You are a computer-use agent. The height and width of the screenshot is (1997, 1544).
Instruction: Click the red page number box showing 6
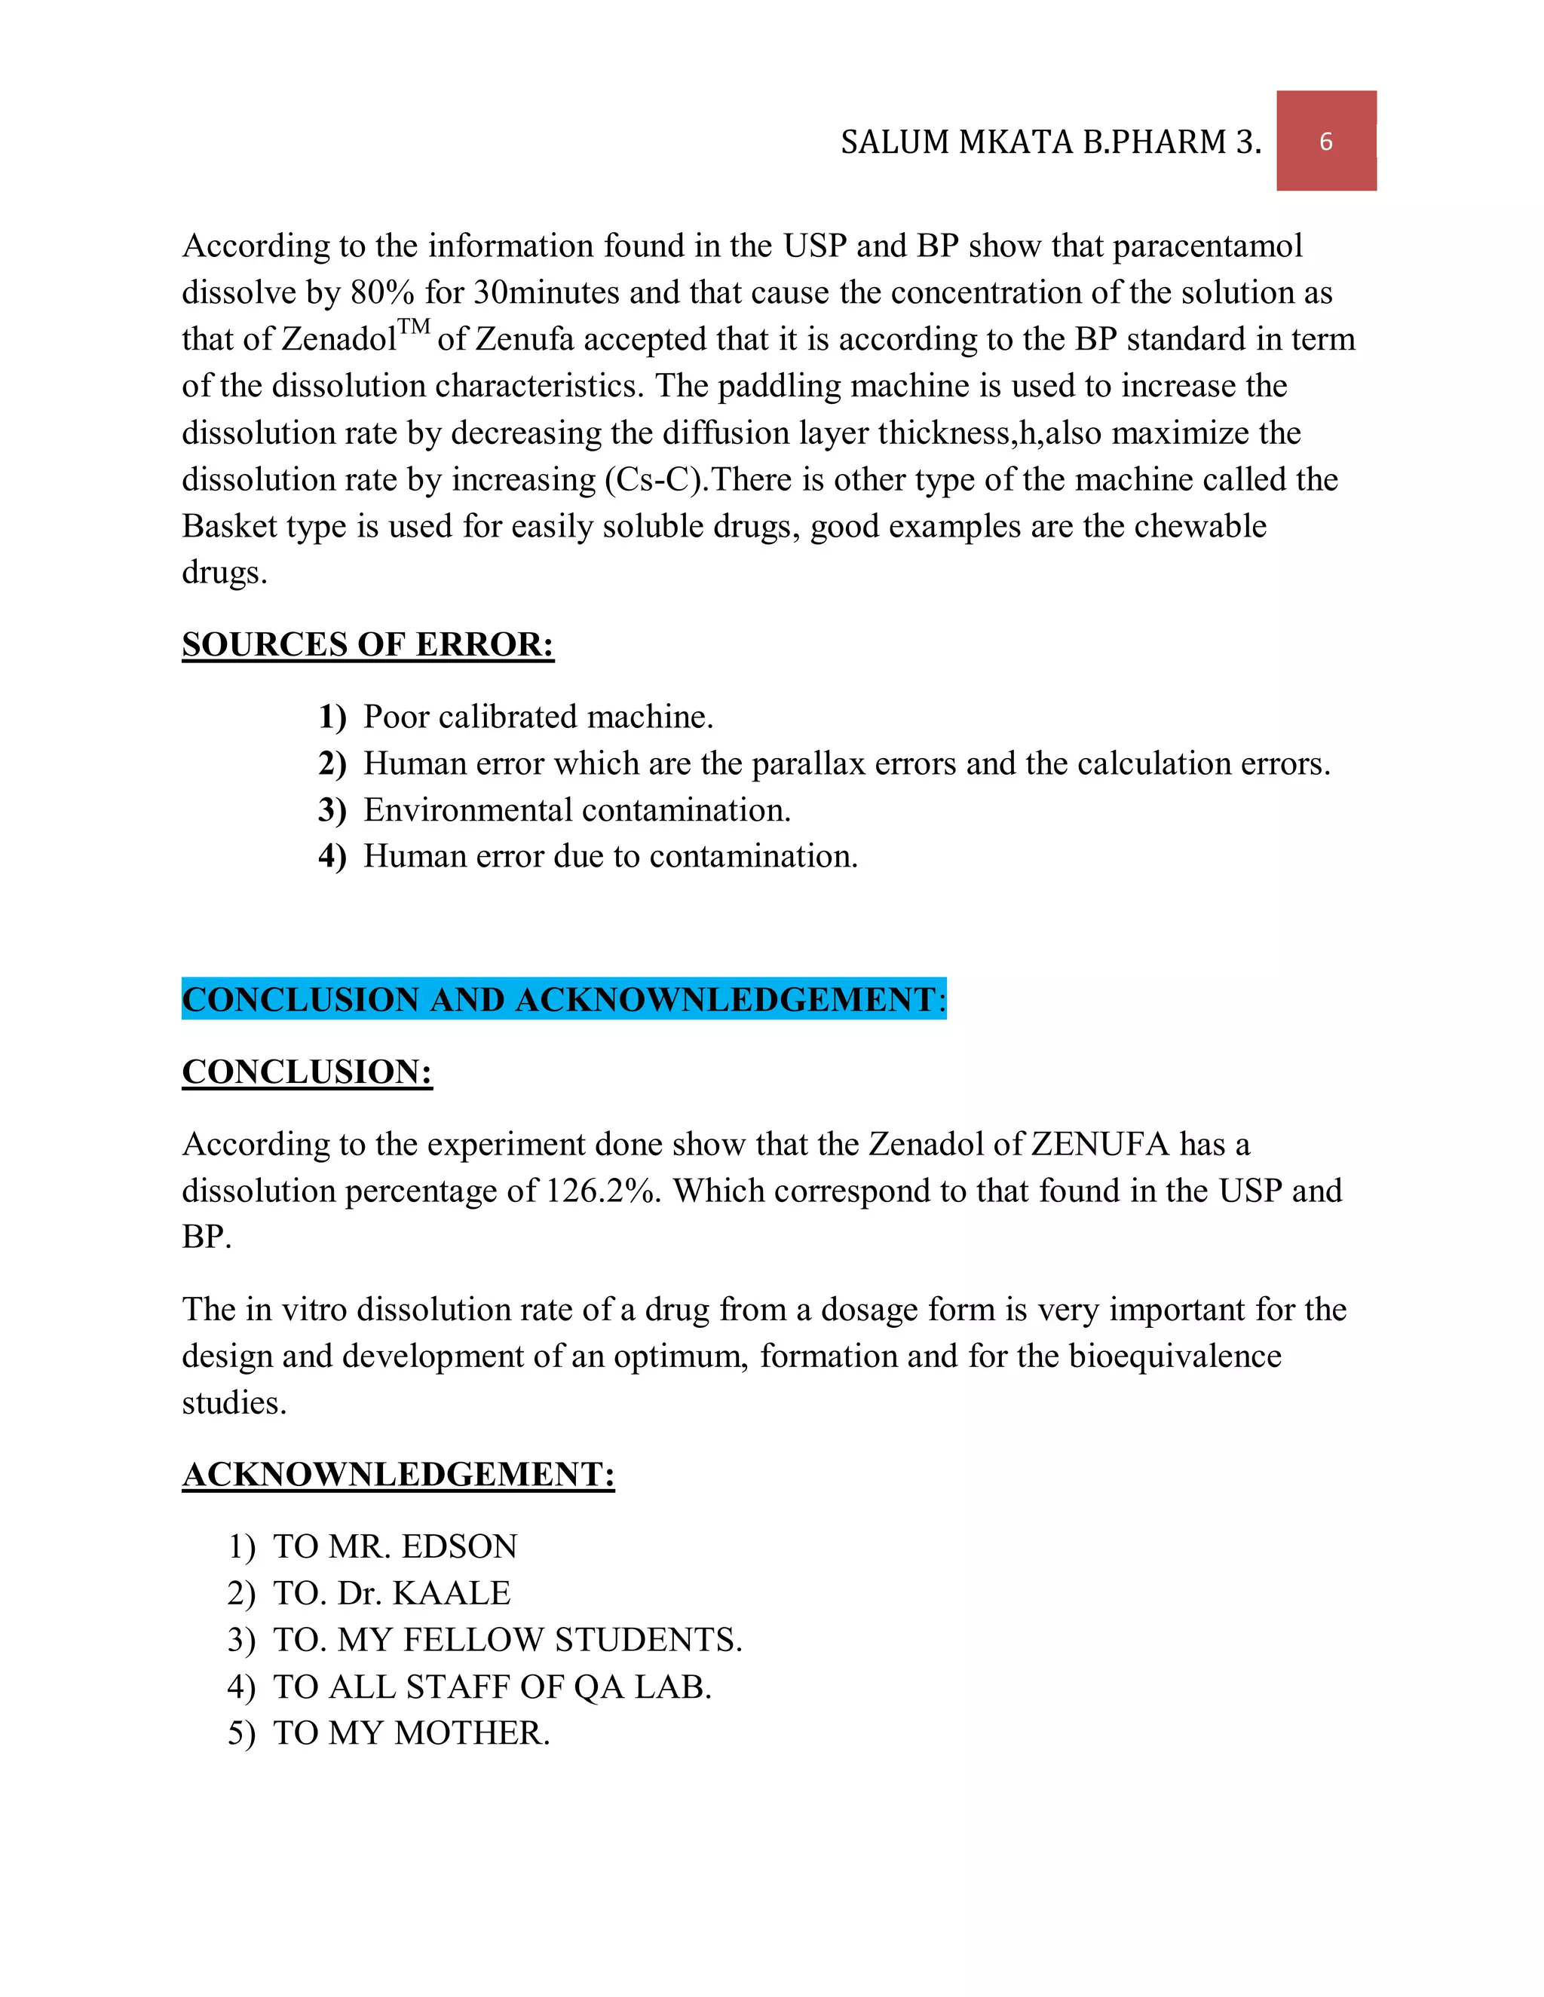click(x=1325, y=141)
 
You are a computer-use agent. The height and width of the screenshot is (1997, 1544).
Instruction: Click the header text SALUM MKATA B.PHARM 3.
click(x=1050, y=142)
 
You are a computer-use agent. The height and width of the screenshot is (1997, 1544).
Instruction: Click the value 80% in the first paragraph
click(x=382, y=292)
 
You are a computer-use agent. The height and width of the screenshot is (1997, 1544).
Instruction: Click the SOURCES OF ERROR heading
click(x=368, y=644)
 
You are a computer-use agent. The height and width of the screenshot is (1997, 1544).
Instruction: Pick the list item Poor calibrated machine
click(x=538, y=717)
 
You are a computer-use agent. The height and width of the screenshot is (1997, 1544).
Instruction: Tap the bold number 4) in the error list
click(x=332, y=857)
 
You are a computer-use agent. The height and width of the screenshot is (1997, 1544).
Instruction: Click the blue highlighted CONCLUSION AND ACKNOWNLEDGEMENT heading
click(x=563, y=999)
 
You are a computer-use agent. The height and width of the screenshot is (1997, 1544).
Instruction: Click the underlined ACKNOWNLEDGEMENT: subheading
click(x=398, y=1474)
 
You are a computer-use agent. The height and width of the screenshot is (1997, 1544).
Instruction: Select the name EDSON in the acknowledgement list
click(x=459, y=1546)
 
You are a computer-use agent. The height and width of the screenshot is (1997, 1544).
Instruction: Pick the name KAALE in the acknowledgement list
click(x=451, y=1593)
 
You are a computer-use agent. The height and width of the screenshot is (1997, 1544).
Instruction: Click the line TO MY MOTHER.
click(x=412, y=1732)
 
